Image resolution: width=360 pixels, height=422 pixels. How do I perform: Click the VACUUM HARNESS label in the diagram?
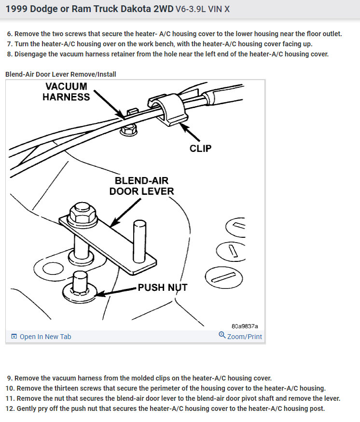pos(66,92)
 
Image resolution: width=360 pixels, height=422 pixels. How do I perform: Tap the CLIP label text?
pos(200,148)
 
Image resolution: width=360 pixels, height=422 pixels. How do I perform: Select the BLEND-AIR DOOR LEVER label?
pos(141,186)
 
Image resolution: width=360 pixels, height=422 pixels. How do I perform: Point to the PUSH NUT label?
pos(162,288)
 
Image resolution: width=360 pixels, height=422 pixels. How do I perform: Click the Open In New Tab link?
pos(45,337)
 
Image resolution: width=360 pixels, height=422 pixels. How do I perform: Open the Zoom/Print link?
pos(244,337)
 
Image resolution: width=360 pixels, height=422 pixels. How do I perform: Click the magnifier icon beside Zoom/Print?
pos(222,335)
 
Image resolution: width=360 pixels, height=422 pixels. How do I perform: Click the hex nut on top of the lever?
pos(78,213)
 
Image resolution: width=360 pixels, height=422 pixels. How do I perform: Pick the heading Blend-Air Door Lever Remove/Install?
pos(61,74)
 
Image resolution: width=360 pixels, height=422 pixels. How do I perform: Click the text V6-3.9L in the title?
pos(192,10)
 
